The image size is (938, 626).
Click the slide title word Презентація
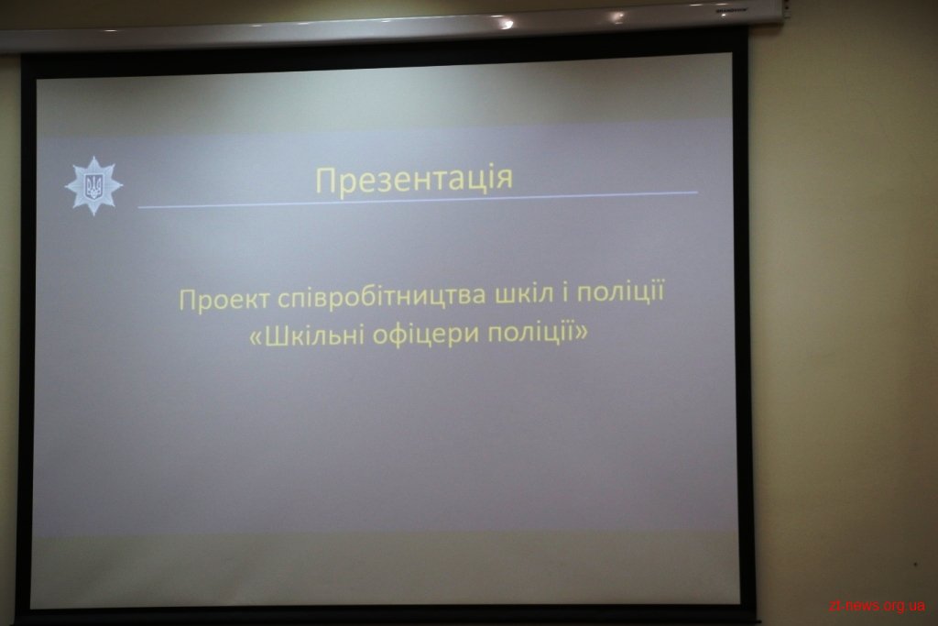click(x=414, y=179)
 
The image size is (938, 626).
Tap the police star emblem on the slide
click(x=94, y=185)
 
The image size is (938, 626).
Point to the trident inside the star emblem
click(x=94, y=186)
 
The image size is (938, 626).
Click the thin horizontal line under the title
click(x=418, y=200)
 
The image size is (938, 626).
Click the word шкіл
click(x=524, y=294)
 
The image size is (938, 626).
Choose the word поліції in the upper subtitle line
click(x=621, y=292)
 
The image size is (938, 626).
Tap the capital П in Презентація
click(x=325, y=181)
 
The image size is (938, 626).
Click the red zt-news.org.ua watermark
click(x=877, y=606)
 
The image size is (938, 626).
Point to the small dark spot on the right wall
click(x=915, y=564)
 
